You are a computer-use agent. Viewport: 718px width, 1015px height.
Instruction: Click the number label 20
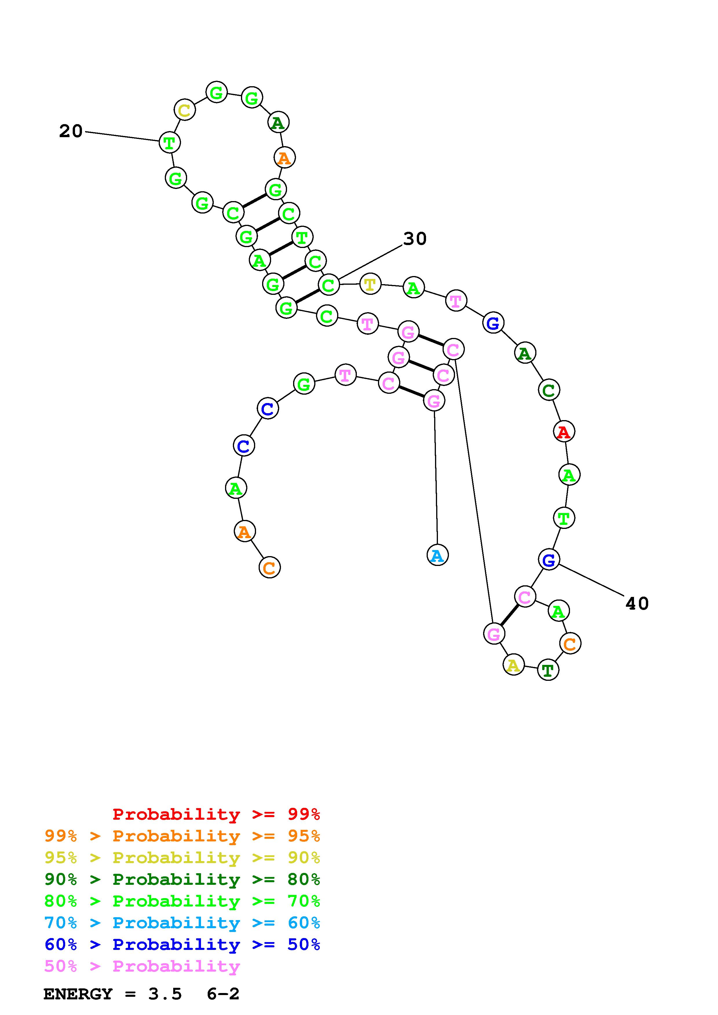click(71, 131)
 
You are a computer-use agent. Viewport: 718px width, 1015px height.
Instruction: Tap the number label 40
click(637, 604)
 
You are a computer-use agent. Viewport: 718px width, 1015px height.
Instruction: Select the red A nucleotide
click(564, 431)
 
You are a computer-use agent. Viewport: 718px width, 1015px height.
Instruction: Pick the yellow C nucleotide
click(184, 110)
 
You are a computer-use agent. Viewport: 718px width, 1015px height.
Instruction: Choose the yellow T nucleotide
click(370, 284)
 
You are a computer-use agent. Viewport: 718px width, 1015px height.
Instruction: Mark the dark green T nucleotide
click(548, 670)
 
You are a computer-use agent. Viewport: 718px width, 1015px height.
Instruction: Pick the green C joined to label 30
click(328, 285)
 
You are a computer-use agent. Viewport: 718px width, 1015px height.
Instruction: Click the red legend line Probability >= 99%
click(216, 814)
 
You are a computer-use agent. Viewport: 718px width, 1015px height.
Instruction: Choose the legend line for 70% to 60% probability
click(182, 923)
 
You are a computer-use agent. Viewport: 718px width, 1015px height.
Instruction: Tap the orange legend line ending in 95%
click(182, 836)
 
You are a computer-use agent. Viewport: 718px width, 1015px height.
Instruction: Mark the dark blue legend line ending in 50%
click(182, 945)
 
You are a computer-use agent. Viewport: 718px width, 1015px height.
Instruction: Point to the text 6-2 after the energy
click(223, 994)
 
